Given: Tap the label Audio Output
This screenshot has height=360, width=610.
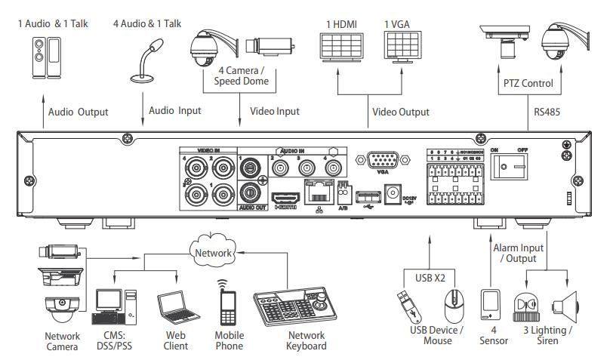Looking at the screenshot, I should (x=79, y=112).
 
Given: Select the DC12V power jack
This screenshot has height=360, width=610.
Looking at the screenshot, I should (x=392, y=192).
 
